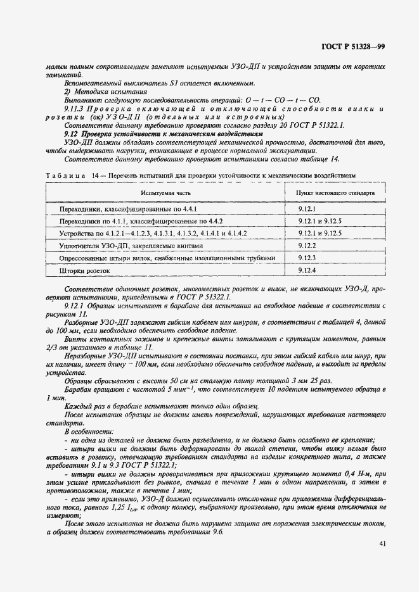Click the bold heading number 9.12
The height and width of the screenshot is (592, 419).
70,134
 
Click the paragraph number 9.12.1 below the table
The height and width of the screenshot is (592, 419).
74,305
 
